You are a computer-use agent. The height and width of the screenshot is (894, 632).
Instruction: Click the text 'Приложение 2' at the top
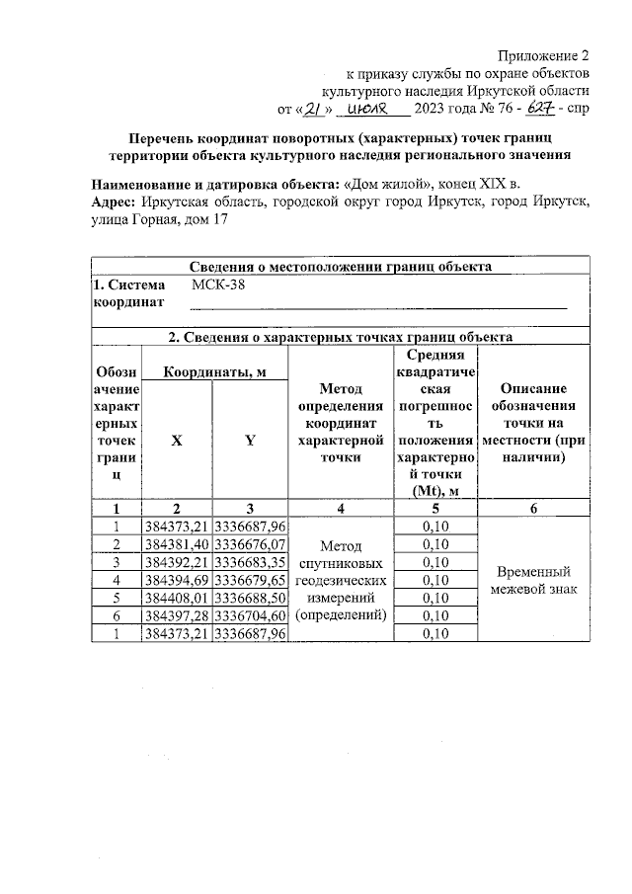click(x=544, y=55)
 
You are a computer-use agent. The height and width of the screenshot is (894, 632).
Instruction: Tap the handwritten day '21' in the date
click(x=313, y=108)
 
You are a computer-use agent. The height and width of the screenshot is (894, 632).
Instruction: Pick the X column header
click(x=176, y=442)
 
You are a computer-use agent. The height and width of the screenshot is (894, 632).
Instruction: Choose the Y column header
click(x=250, y=442)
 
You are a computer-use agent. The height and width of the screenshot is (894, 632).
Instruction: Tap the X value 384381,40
click(x=176, y=544)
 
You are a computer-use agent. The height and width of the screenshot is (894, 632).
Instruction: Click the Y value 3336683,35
click(x=250, y=562)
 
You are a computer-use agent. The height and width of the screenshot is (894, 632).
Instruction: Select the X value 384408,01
click(x=176, y=598)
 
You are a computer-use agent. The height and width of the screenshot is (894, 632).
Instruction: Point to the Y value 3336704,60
click(x=250, y=615)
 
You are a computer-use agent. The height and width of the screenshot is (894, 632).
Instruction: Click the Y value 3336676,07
click(x=250, y=544)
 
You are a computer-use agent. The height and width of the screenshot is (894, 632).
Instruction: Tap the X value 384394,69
click(x=176, y=580)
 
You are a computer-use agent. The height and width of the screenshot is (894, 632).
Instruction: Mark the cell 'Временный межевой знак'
click(x=533, y=580)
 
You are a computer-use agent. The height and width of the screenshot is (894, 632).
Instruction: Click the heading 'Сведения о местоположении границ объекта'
click(x=340, y=266)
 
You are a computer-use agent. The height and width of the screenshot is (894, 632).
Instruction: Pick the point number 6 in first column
click(x=117, y=615)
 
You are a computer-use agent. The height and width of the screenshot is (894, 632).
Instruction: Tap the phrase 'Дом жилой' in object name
click(x=381, y=184)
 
